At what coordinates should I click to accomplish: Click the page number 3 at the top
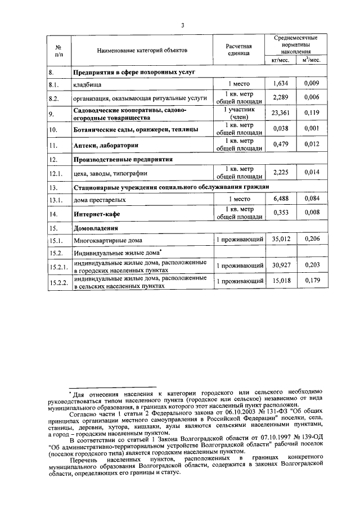coord(183,25)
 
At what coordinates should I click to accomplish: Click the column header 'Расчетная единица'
coord(239,50)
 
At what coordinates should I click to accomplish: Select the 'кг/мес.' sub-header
coord(281,60)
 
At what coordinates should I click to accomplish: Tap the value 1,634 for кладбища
coord(280,84)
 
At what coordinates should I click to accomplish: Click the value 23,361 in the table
coord(280,112)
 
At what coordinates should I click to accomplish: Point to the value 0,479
coord(280,145)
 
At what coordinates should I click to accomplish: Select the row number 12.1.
coord(54,174)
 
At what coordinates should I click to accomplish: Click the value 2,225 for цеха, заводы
coord(280,173)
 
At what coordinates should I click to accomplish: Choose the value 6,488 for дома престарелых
coord(280,199)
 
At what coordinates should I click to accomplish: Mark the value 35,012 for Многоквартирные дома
coord(280,240)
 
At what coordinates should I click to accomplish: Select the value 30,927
coord(280,265)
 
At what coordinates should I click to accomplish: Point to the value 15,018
coord(280,281)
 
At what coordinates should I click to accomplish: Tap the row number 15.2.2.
coord(57,282)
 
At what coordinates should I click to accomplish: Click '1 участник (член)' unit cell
coord(239,113)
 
